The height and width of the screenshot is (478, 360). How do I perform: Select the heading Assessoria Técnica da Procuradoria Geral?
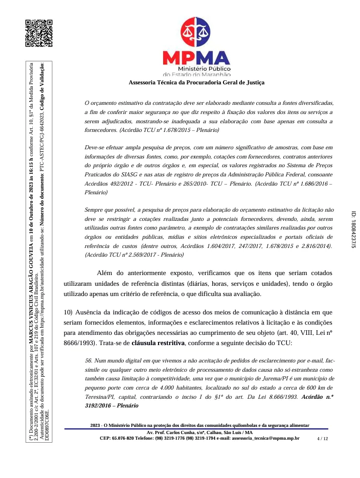196,82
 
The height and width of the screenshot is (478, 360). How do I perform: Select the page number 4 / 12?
323,439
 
